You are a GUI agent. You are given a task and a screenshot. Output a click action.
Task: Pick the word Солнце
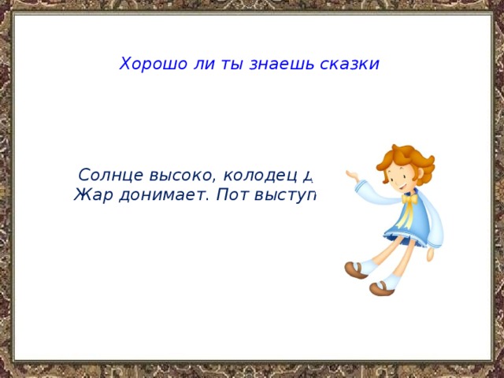(x=109, y=176)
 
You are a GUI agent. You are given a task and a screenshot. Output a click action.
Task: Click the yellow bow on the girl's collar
(x=409, y=200)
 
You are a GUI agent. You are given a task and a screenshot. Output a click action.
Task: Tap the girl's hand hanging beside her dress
(x=432, y=252)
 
